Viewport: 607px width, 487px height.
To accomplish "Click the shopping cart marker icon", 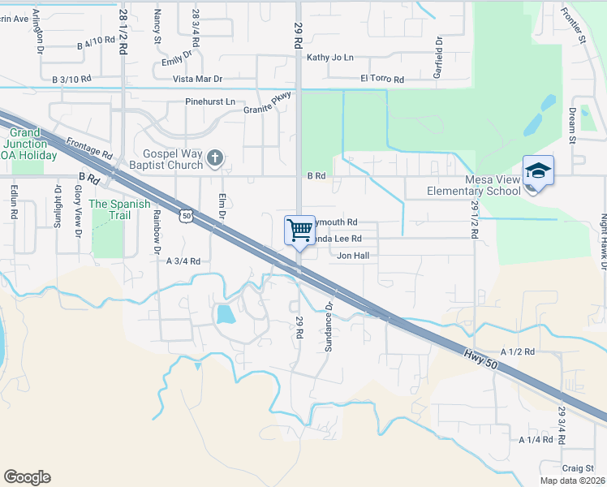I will (299, 230).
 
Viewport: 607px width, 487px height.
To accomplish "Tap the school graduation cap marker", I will (538, 171).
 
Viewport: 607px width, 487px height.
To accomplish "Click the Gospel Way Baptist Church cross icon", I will (214, 157).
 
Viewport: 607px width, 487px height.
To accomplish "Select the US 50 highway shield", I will (186, 215).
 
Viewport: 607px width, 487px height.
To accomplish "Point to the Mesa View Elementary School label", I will (475, 186).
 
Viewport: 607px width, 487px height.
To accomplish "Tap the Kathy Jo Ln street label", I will (330, 58).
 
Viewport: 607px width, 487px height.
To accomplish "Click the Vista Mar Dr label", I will (197, 80).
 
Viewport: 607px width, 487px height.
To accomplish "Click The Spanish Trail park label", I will (120, 209).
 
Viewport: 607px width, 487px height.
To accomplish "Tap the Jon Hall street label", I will (354, 255).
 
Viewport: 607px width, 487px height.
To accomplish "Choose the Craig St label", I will (579, 468).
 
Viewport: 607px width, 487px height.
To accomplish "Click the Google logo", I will (27, 477).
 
